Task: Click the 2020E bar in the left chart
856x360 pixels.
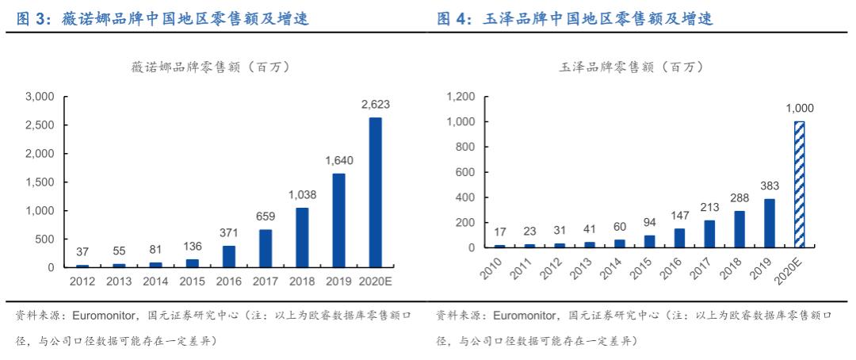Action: coord(375,193)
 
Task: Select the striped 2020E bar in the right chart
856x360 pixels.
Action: coord(799,185)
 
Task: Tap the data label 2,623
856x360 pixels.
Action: coord(375,105)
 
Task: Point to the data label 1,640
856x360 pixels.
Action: coord(338,161)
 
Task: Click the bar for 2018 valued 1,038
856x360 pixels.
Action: coord(301,237)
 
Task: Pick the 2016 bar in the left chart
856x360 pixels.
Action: coord(228,256)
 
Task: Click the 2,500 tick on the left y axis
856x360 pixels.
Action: coord(40,125)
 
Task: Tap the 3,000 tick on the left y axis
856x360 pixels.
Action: coord(40,97)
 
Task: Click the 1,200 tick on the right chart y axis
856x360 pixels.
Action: coord(460,97)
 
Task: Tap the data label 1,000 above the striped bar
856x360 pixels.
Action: coord(799,109)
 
